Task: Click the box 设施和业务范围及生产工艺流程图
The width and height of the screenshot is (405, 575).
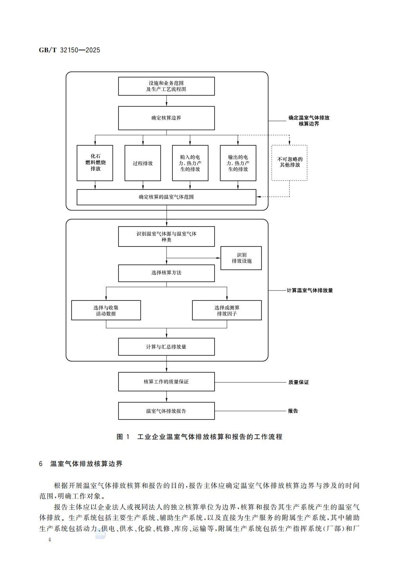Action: [167, 86]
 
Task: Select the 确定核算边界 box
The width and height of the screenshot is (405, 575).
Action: [167, 118]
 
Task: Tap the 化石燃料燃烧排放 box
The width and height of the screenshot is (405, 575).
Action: [95, 163]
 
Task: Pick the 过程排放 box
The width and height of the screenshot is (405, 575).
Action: [143, 163]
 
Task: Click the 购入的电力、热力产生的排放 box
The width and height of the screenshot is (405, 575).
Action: [190, 163]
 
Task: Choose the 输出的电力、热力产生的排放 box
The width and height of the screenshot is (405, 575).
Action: [238, 163]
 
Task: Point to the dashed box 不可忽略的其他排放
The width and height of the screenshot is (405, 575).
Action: [289, 163]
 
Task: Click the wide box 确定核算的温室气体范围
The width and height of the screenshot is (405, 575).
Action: [167, 197]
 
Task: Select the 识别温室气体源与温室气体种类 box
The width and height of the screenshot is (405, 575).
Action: [167, 236]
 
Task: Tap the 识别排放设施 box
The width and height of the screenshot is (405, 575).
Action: [241, 258]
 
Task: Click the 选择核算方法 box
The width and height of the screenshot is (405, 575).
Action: [167, 273]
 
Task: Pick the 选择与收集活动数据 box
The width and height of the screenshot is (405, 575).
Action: [106, 310]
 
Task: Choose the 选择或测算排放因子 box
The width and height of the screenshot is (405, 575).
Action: [227, 310]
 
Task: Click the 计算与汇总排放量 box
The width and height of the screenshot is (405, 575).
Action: [167, 346]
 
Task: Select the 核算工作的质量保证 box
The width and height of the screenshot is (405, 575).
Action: [167, 382]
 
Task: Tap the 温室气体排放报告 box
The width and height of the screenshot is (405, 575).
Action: [167, 411]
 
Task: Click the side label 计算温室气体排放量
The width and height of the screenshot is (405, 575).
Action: [310, 290]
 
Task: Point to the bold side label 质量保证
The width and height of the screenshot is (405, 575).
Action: [298, 382]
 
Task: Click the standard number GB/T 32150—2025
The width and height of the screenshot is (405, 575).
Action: [69, 50]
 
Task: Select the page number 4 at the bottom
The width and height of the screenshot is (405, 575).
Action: [50, 539]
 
